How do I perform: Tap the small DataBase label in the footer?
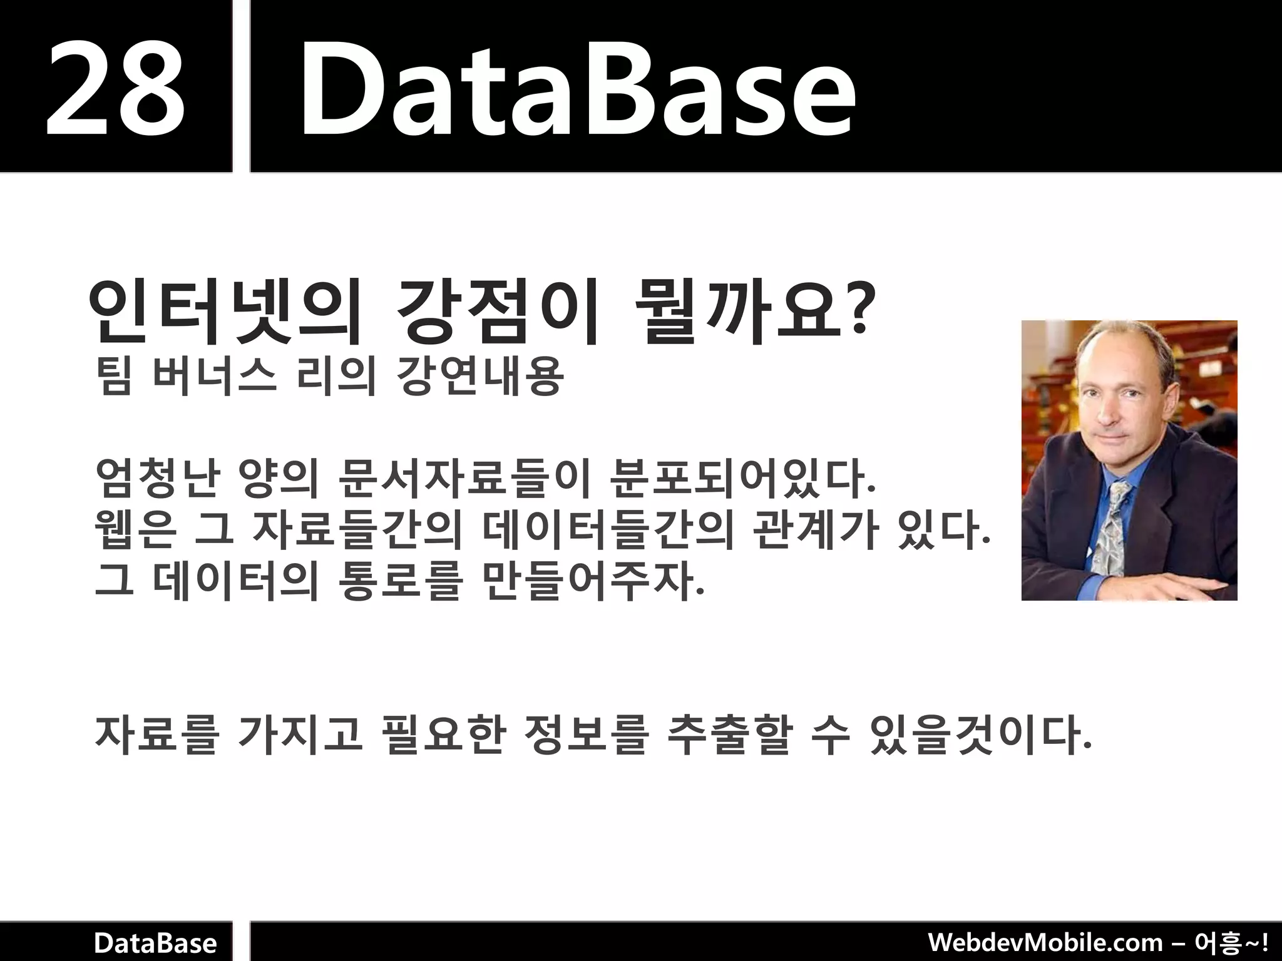[155, 943]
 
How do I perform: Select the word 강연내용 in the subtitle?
[481, 377]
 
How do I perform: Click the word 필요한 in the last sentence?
[444, 734]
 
